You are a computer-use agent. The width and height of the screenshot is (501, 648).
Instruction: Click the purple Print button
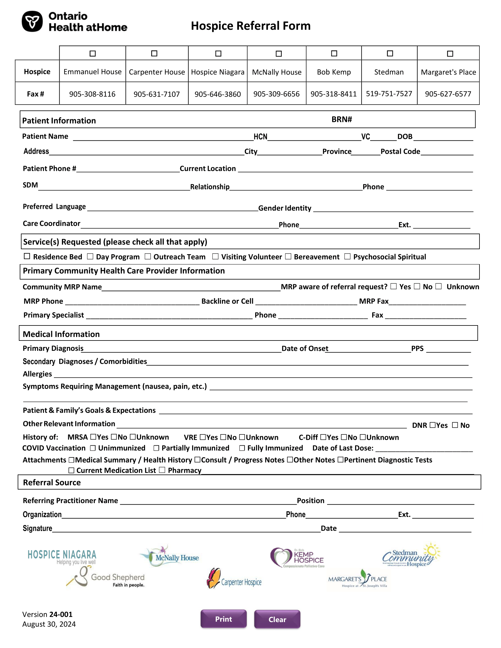223,619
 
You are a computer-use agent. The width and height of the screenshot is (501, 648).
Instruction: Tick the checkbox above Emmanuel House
93,54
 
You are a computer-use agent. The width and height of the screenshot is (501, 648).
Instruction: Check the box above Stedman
390,53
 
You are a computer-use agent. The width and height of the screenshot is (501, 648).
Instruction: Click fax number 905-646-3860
217,94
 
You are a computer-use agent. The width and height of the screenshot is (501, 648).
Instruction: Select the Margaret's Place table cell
448,72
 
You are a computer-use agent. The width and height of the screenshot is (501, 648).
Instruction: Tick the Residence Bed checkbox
27,256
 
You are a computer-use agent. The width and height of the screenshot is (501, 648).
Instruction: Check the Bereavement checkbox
288,256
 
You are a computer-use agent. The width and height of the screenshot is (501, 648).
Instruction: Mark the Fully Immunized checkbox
242,448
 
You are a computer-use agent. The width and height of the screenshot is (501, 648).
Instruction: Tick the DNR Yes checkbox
432,425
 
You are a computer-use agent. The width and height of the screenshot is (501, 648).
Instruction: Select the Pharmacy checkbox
162,470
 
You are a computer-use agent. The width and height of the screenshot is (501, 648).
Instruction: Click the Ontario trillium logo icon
32,22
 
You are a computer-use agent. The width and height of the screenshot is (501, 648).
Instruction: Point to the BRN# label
342,119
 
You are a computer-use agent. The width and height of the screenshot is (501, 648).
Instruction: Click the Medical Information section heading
61,334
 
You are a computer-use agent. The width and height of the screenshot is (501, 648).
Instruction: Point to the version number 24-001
61,614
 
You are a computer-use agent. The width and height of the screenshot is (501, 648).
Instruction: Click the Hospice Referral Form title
250,26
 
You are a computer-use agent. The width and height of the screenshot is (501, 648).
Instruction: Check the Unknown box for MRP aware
439,286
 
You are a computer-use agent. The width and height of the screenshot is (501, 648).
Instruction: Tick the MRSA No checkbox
114,437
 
